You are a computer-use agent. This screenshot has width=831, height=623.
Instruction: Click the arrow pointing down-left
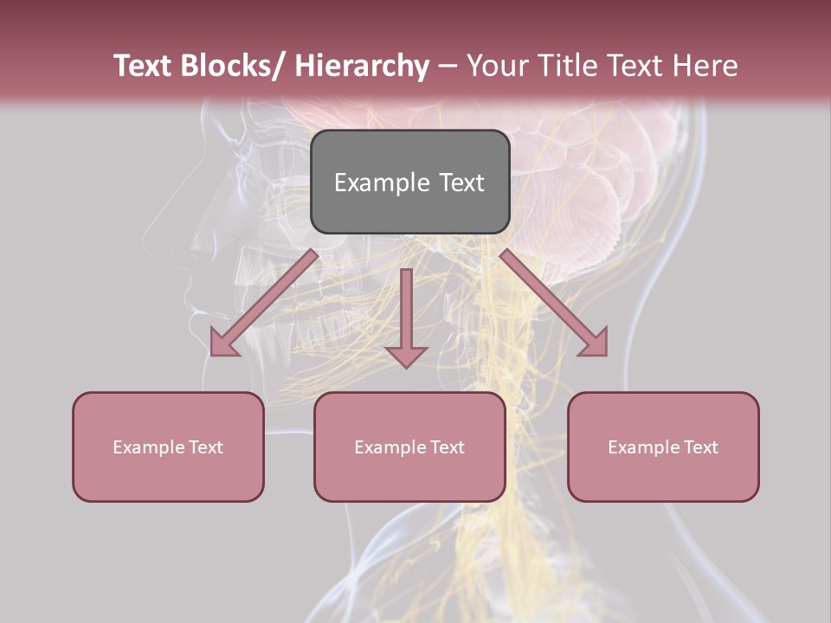point(265,303)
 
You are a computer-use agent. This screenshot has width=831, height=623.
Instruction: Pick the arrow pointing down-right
point(554,303)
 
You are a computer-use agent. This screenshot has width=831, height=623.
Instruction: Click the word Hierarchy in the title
point(362,67)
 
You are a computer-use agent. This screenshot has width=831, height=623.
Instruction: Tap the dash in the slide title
point(448,67)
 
